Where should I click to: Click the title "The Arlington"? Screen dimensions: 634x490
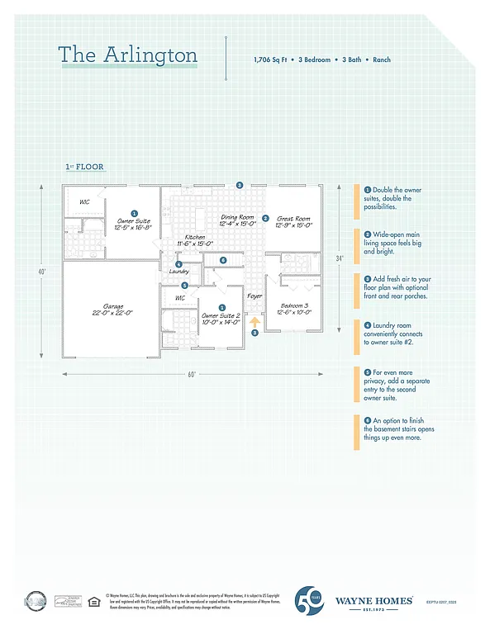point(127,55)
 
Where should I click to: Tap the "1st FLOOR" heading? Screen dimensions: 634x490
point(84,167)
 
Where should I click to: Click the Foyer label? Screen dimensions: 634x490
point(255,296)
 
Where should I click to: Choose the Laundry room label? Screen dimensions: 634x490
point(179,272)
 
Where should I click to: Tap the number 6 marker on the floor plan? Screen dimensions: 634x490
point(223,260)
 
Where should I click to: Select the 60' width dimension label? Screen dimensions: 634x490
point(192,374)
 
